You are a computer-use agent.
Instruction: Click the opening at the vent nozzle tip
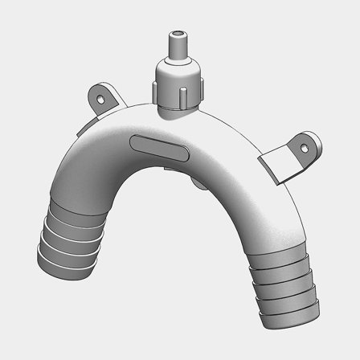pos(175,35)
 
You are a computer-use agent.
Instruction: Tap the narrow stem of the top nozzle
pos(175,48)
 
